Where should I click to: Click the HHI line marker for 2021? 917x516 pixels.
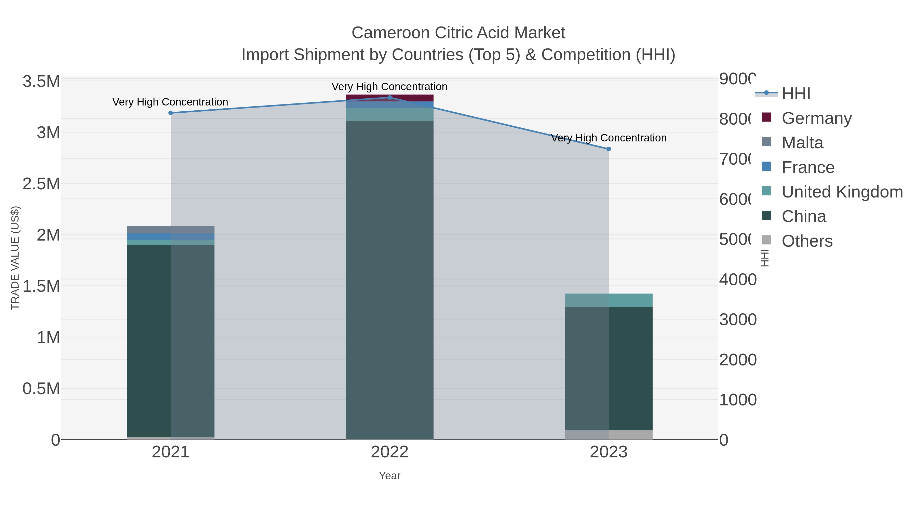coord(170,113)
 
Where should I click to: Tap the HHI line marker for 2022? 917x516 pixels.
coord(389,97)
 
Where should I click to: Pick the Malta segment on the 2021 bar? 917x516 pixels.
coord(170,229)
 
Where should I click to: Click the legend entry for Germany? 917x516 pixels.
coord(816,118)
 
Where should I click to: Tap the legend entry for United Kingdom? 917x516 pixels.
coord(842,192)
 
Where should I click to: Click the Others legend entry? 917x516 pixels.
coord(807,241)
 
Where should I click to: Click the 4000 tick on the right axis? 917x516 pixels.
coord(738,280)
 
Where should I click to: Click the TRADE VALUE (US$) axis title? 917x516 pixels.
coord(15,258)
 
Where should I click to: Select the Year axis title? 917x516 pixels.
coord(389,476)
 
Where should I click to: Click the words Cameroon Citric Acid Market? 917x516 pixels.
coord(458,33)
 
